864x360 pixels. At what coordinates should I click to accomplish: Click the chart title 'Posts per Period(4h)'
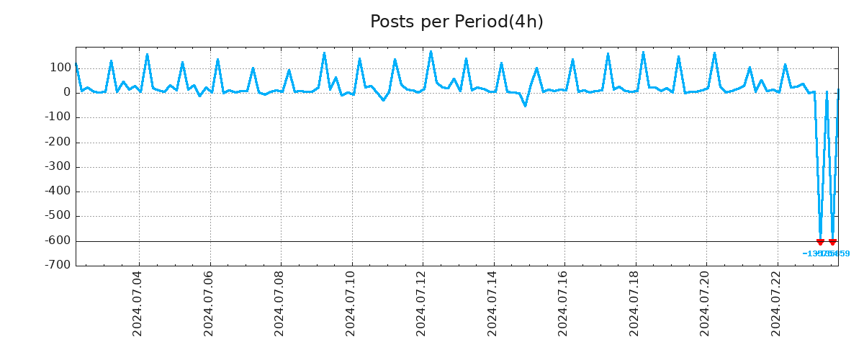[456, 22]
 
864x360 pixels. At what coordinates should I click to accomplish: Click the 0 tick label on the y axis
[66, 92]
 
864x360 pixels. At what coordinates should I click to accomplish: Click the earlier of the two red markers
[820, 242]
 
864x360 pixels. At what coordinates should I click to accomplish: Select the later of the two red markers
[832, 242]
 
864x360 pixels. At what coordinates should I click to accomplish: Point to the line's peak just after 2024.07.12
[431, 52]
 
